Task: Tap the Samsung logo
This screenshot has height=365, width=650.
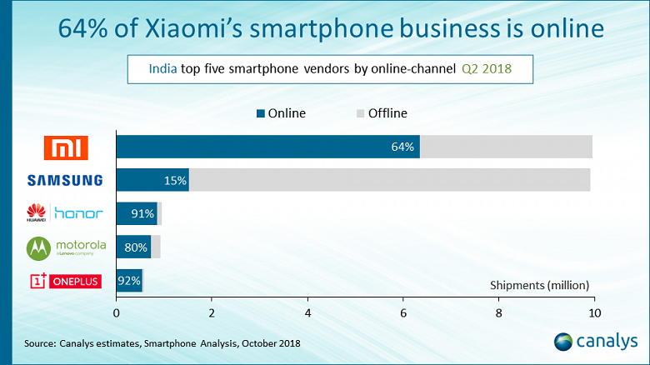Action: (x=65, y=180)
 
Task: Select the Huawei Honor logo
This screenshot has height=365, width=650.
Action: (x=65, y=212)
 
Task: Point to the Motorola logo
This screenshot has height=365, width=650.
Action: (x=65, y=247)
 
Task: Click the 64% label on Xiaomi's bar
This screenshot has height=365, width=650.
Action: (x=402, y=147)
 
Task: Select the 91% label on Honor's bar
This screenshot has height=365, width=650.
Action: (x=142, y=213)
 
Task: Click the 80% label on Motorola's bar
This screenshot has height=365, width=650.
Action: (x=136, y=247)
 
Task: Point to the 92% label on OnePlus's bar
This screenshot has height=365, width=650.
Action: (x=129, y=281)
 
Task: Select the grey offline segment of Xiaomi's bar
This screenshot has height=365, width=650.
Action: (x=506, y=147)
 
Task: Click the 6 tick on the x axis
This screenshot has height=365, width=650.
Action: (x=403, y=312)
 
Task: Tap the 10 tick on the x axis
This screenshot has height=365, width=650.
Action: (x=594, y=312)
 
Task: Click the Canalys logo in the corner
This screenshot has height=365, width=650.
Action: (x=595, y=342)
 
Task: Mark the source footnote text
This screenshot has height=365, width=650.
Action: (x=162, y=342)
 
